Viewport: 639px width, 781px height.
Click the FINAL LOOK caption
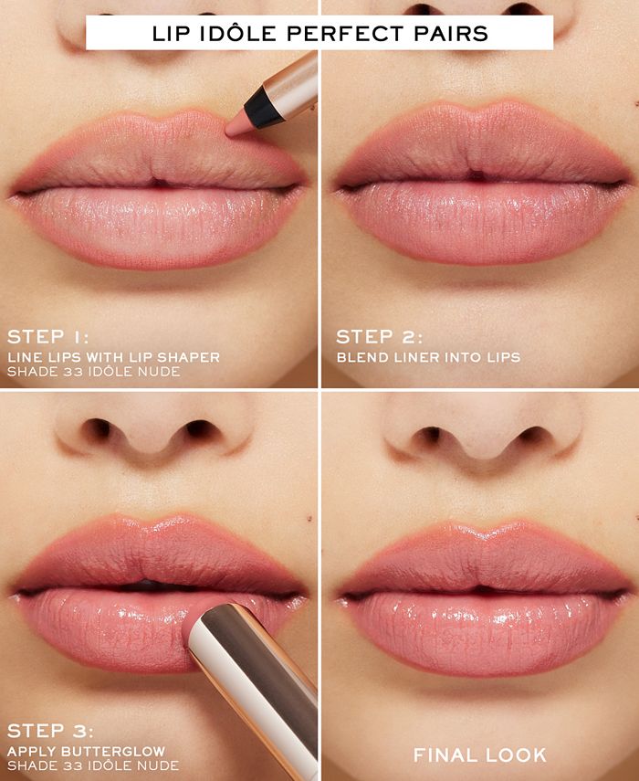point(480,755)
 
